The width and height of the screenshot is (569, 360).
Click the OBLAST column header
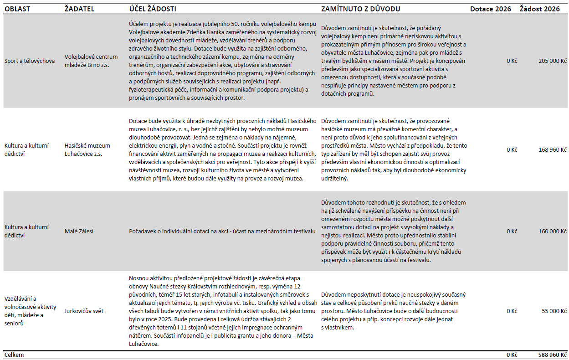click(x=17, y=9)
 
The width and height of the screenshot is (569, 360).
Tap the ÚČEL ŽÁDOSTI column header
click(x=152, y=9)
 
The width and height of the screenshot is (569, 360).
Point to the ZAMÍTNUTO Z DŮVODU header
click(x=360, y=9)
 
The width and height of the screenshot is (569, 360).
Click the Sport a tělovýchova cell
click(x=29, y=61)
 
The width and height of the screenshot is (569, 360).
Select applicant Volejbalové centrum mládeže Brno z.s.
click(x=91, y=61)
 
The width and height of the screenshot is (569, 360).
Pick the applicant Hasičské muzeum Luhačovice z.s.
click(x=87, y=149)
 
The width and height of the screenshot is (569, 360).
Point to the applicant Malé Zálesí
click(x=79, y=231)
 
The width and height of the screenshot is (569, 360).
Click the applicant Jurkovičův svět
click(x=84, y=311)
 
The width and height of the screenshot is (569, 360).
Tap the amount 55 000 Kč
click(x=554, y=311)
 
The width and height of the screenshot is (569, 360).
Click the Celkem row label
click(x=14, y=355)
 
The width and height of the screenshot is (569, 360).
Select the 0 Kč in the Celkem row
click(x=512, y=355)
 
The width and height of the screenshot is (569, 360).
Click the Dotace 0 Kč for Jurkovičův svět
click(x=512, y=311)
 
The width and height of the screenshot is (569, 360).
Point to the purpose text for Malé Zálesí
click(x=222, y=231)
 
